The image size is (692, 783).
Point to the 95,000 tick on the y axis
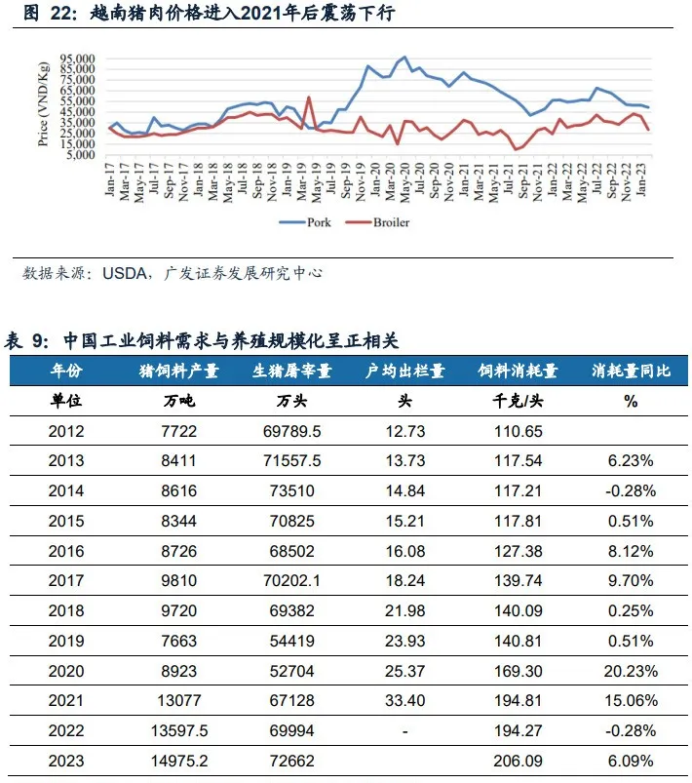(78, 59)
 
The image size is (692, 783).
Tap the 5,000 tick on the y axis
(82, 154)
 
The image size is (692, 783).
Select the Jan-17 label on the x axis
(109, 179)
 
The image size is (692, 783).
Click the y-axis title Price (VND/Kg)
(43, 105)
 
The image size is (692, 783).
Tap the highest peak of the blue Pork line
(404, 58)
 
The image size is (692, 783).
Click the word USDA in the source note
(124, 274)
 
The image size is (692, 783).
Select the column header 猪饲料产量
(179, 371)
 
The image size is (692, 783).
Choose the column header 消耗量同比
(631, 371)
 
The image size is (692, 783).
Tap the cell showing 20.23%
(631, 671)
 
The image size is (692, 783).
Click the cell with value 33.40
(404, 701)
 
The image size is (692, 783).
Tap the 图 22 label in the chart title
(44, 14)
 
